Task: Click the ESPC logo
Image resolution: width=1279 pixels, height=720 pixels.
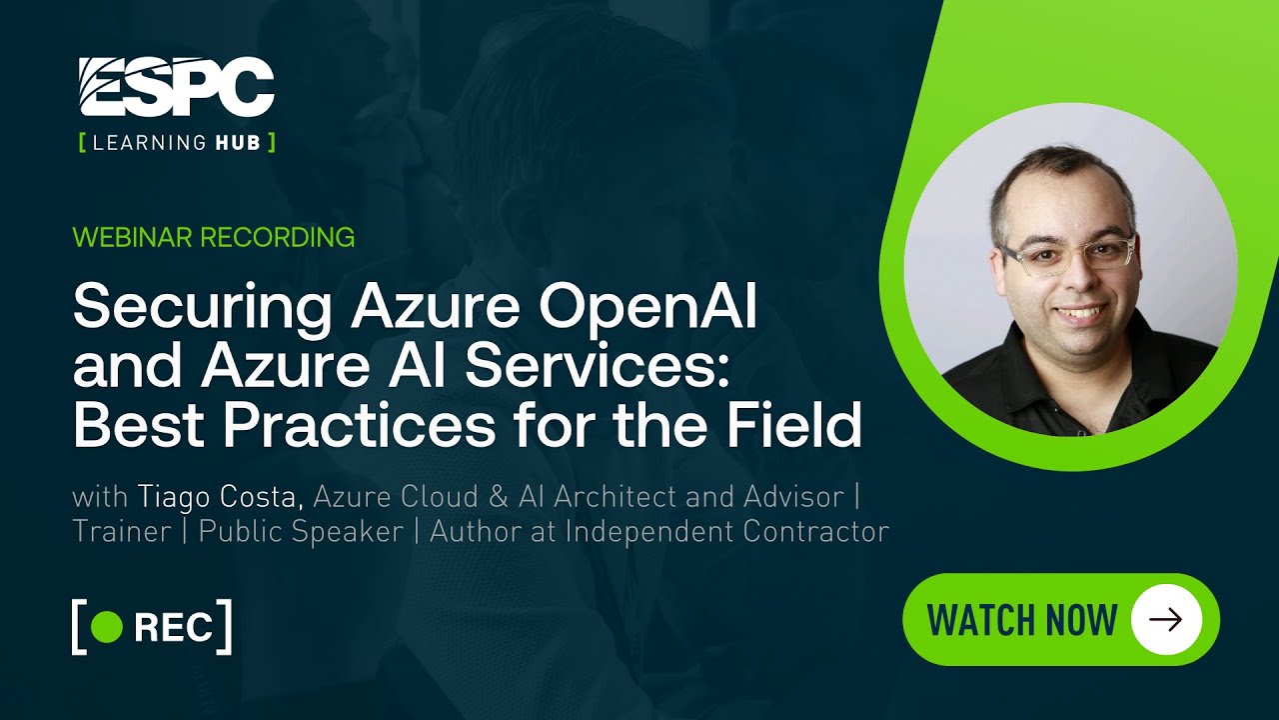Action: click(x=176, y=87)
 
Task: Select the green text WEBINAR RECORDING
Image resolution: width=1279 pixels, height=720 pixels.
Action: click(x=214, y=237)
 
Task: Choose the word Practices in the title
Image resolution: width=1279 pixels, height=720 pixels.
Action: click(x=359, y=425)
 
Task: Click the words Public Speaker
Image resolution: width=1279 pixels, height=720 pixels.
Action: click(x=301, y=531)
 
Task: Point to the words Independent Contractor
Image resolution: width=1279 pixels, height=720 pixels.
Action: click(x=726, y=531)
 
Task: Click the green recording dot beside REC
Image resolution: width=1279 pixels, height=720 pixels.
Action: click(x=106, y=627)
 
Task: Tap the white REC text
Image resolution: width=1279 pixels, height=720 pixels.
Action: click(x=173, y=627)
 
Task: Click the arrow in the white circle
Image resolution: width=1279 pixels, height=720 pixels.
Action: click(x=1165, y=620)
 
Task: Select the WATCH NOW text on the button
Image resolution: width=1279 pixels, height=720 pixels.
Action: click(x=1021, y=620)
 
